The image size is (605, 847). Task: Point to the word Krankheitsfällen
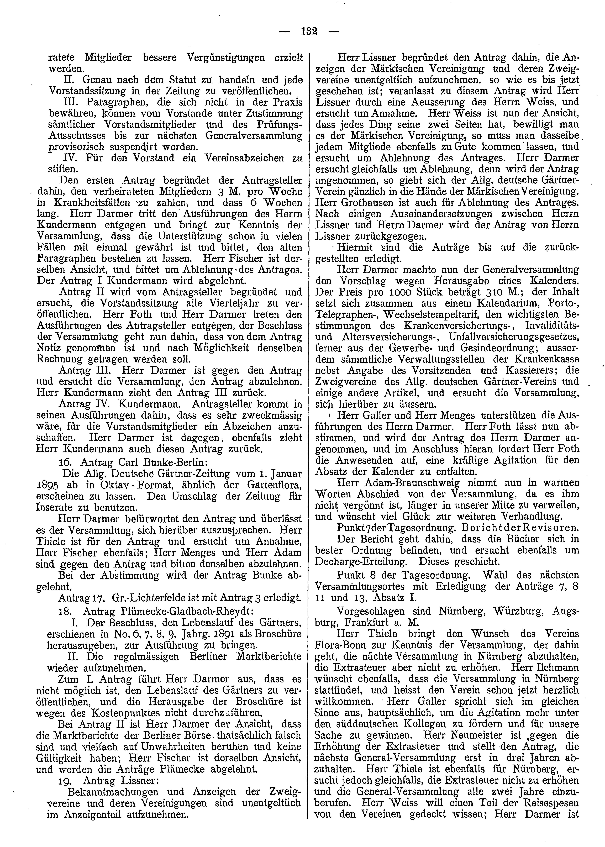tap(87, 203)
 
